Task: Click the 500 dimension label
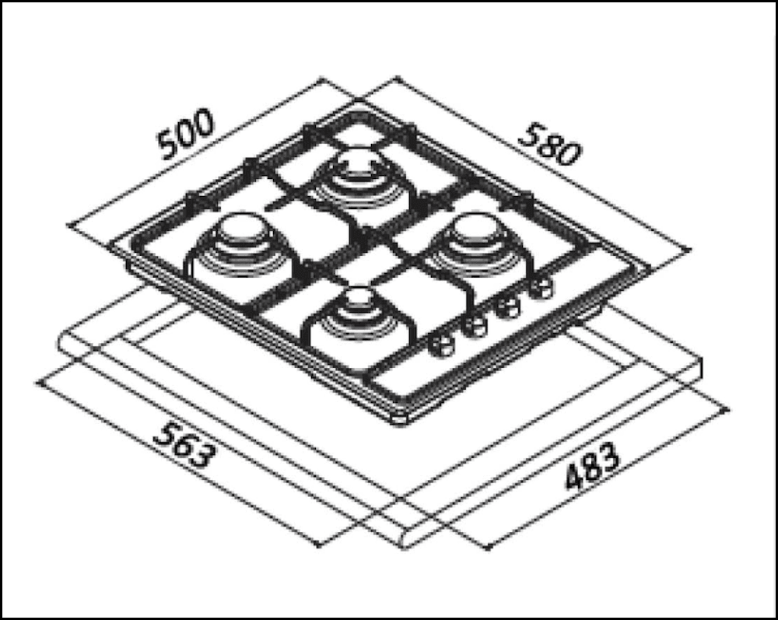(x=185, y=135)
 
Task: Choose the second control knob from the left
(x=472, y=326)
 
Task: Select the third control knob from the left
(x=508, y=307)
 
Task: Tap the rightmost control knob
(x=540, y=289)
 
